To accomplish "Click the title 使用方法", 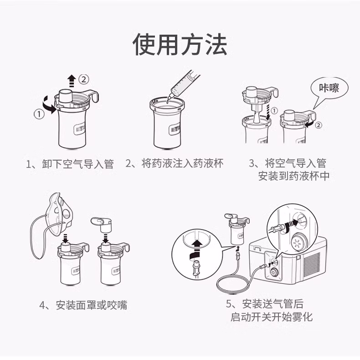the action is coord(180,44).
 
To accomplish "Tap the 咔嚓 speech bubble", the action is coord(329,88).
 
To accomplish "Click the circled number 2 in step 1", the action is coord(83,79).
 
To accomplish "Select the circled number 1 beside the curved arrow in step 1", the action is coord(39,114).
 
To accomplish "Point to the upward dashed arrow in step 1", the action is coord(72,81).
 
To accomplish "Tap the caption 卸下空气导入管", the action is coord(78,164).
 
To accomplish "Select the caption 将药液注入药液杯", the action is coord(183,163).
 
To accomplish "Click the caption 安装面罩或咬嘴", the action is coord(92,305).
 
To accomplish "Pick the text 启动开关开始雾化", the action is coord(272,317).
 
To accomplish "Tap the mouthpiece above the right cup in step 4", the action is coord(102,224).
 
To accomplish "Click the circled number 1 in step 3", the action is coord(274,111).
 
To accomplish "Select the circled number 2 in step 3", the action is coord(319,125).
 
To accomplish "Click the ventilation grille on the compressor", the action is coord(312,264).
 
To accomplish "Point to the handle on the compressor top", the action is coord(257,248).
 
